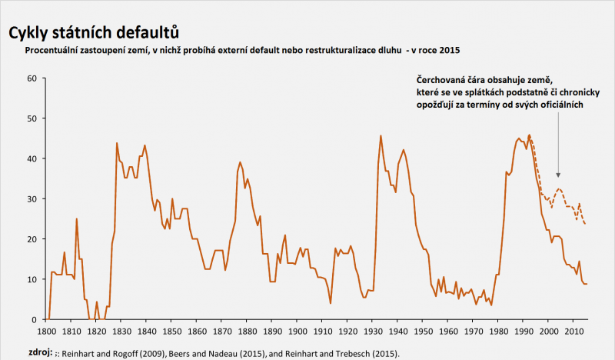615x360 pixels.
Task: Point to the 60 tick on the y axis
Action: (32, 78)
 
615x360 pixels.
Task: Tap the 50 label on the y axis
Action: (32, 118)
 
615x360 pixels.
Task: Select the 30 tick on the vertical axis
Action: (32, 198)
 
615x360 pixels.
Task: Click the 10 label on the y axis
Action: (32, 279)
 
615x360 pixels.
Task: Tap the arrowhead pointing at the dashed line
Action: (559, 176)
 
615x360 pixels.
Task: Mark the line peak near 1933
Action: (381, 136)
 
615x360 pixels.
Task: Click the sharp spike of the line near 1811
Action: (77, 219)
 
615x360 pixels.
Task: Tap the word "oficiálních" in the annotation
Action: (560, 105)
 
